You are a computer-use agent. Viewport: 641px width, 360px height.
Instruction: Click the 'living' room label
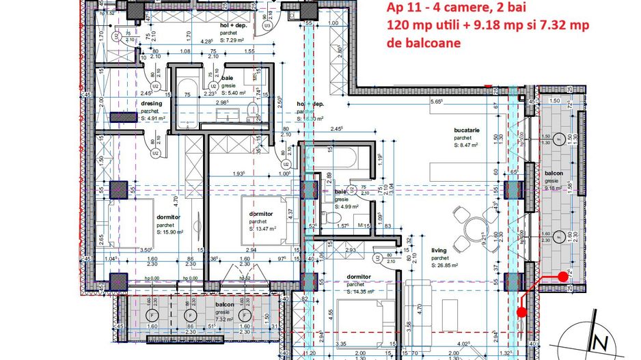click(x=439, y=250)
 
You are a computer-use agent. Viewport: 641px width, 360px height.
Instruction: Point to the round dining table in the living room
click(x=471, y=230)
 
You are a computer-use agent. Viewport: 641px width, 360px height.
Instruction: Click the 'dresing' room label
click(x=152, y=104)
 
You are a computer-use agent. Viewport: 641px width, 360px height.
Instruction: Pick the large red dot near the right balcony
click(x=521, y=312)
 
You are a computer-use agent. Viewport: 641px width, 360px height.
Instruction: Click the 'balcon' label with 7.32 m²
click(x=225, y=304)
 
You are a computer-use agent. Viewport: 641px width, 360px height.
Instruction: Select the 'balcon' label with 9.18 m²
click(x=554, y=174)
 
